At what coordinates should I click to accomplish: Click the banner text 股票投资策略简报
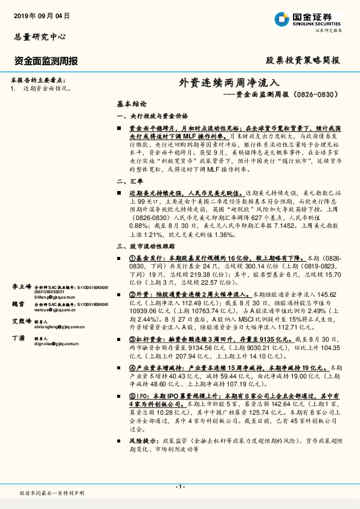point(303,61)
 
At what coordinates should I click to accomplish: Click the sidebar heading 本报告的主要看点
point(38,80)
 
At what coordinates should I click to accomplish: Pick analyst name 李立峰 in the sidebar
point(21,286)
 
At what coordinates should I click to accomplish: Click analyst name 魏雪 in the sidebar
point(18,304)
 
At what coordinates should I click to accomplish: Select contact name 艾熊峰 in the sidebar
point(21,321)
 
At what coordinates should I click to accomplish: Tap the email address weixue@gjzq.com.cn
point(57,310)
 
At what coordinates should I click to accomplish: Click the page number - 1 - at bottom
point(180,487)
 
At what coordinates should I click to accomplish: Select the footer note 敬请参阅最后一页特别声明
point(52,494)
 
